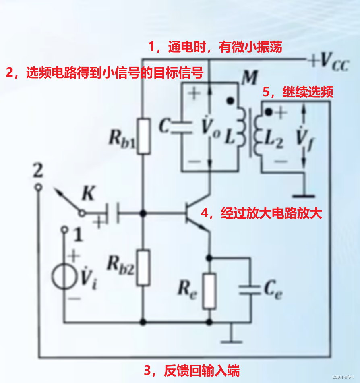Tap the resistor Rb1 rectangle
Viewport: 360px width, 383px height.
pos(143,136)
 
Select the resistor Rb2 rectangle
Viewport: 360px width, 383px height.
pos(143,267)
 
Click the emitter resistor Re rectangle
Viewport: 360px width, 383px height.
pos(209,291)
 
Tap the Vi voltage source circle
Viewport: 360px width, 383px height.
pos(64,277)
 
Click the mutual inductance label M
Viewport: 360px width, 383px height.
pos(249,78)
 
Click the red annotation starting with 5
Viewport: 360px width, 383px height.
pos(298,92)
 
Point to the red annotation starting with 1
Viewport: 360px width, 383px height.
pos(215,48)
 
